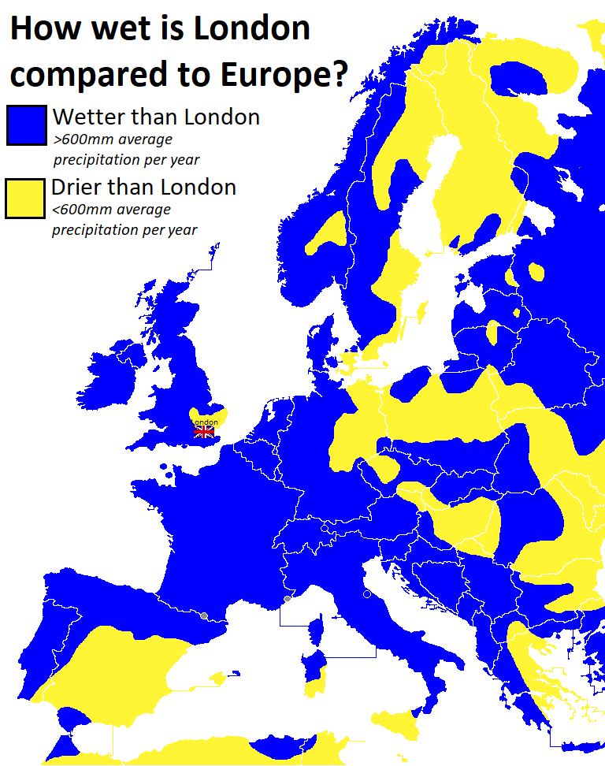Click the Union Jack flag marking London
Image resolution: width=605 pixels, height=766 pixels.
204,430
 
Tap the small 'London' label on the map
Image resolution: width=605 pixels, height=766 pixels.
205,422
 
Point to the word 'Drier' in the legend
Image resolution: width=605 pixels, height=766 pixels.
76,188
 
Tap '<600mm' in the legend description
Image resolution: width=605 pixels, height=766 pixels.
80,210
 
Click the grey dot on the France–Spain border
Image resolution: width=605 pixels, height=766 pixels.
204,615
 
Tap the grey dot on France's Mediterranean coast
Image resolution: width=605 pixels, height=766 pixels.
288,599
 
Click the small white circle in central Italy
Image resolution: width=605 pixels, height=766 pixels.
366,594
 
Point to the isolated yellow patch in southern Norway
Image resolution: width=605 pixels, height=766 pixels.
328,234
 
